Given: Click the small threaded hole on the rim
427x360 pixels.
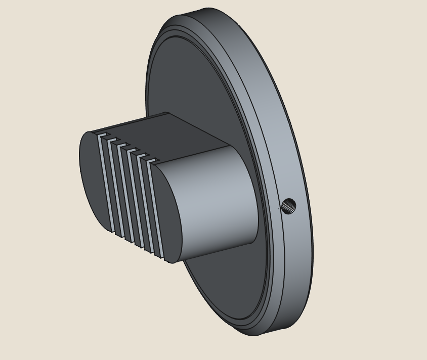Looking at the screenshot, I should (x=288, y=206).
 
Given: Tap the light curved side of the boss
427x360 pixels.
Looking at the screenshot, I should (x=218, y=202).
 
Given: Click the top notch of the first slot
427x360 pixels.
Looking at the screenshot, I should (x=103, y=135).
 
